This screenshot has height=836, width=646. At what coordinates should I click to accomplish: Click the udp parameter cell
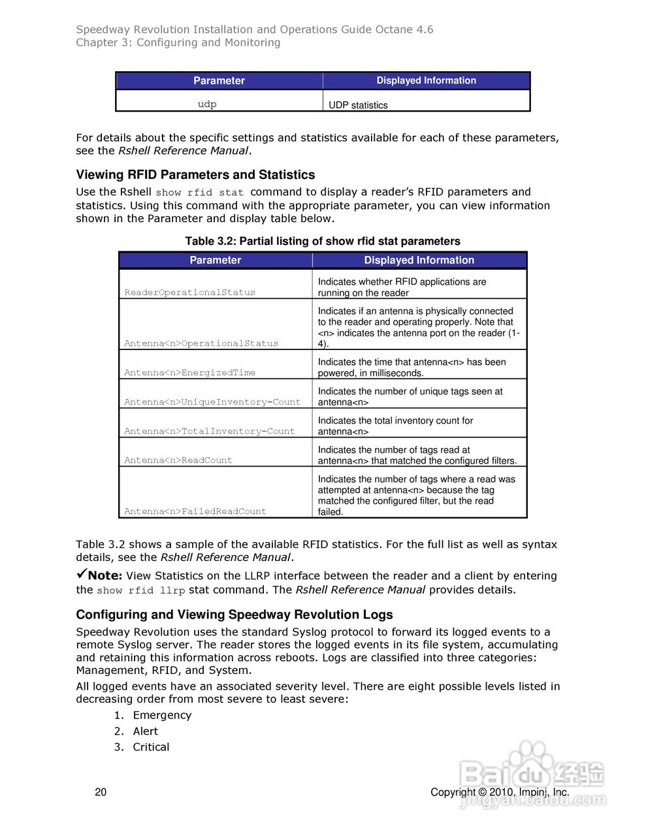(x=207, y=104)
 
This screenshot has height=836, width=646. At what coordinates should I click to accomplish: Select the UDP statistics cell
(x=358, y=105)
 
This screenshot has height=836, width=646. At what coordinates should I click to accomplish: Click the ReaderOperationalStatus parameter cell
(x=190, y=293)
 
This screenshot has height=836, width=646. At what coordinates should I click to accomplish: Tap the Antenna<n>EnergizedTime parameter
(x=190, y=372)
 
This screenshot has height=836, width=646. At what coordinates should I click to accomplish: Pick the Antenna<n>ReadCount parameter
(x=178, y=460)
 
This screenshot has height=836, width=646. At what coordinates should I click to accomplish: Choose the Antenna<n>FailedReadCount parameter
(x=195, y=511)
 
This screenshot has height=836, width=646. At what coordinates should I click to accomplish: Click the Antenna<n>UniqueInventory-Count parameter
(x=212, y=402)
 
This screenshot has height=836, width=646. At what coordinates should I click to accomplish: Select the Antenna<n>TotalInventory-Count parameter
(x=210, y=431)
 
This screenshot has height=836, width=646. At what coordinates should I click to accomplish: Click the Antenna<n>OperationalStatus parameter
(x=201, y=343)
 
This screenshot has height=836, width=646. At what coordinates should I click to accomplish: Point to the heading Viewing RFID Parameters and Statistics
(x=195, y=174)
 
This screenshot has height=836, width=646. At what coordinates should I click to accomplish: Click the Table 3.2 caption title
(x=323, y=241)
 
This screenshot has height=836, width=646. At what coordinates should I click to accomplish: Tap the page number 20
(x=101, y=792)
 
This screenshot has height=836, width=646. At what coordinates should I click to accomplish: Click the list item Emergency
(x=162, y=715)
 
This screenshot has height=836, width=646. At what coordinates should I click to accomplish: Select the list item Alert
(x=145, y=731)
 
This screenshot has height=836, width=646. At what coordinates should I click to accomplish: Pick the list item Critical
(x=151, y=747)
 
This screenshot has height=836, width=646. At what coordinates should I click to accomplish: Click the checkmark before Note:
(x=81, y=574)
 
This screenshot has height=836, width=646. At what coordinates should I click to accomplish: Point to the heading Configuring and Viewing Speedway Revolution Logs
(x=234, y=615)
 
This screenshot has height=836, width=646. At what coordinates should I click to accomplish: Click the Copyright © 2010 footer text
(x=500, y=792)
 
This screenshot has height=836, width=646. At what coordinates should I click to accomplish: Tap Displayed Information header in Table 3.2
(x=419, y=260)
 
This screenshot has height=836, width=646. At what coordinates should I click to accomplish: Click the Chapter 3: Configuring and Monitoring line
(x=178, y=42)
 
